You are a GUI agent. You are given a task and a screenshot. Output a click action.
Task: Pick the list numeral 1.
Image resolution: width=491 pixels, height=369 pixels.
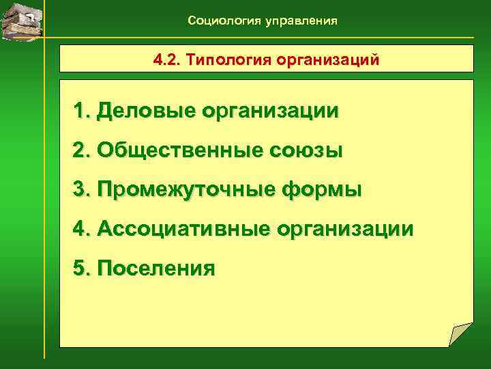tap(82, 111)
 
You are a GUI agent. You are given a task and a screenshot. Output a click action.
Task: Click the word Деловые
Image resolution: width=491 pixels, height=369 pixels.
tap(143, 111)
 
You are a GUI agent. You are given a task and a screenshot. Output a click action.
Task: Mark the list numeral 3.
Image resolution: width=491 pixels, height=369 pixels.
tap(82, 189)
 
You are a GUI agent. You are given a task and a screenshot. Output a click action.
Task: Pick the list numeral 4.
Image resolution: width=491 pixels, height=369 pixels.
tap(82, 228)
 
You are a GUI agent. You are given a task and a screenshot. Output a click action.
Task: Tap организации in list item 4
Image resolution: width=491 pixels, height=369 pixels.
tap(346, 228)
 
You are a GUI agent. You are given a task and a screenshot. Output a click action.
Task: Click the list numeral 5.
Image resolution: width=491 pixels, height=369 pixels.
tap(82, 268)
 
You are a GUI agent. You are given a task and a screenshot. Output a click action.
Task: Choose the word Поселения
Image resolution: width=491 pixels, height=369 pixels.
tap(156, 268)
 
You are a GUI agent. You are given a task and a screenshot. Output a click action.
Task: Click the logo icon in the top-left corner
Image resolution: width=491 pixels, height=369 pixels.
tap(21, 20)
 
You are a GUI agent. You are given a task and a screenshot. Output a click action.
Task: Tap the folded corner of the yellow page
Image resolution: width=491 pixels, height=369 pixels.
tap(460, 335)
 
